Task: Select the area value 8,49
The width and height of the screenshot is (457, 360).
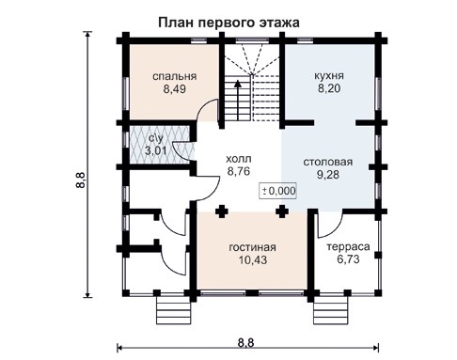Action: point(174,91)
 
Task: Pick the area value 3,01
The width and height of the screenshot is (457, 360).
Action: point(155,150)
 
